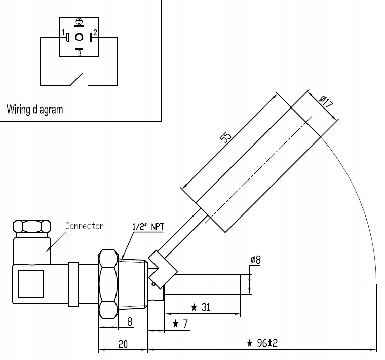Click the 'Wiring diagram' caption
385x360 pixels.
[x=35, y=109]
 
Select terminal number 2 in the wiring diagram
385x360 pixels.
[x=95, y=33]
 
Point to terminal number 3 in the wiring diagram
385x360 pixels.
[x=80, y=52]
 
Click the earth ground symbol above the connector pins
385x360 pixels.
[x=79, y=22]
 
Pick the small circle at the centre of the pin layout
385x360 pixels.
[x=80, y=37]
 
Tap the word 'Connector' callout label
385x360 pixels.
[x=85, y=226]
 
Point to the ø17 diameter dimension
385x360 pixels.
[x=326, y=101]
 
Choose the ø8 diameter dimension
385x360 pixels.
[x=255, y=261]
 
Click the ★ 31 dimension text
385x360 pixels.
[x=202, y=307]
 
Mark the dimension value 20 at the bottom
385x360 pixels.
[x=123, y=344]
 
